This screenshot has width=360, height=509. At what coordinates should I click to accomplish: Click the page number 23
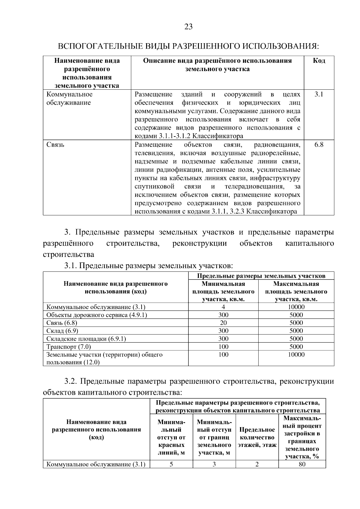188,27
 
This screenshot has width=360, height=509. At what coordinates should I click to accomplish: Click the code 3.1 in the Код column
319,94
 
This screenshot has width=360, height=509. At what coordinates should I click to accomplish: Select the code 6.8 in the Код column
319,145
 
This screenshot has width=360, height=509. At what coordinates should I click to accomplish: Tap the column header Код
319,61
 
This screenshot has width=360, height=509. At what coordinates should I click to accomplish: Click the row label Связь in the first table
55,145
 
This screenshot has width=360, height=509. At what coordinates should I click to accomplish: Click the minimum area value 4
223,307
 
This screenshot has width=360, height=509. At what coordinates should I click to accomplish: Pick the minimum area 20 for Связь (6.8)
223,323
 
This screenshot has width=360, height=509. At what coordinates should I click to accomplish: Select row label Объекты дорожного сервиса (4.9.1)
97,315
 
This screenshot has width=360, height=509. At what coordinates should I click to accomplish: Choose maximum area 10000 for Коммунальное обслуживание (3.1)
296,307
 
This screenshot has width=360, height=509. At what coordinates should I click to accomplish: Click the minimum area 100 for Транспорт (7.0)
223,347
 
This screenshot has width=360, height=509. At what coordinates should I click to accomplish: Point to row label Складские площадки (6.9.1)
86,339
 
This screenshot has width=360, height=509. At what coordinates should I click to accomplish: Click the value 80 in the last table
302,465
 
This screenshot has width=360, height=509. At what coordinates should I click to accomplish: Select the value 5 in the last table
171,465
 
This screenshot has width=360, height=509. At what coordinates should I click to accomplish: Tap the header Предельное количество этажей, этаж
257,438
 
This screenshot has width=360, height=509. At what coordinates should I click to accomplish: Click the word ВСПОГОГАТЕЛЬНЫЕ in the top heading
96,46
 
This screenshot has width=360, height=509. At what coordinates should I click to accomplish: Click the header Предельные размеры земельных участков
261,276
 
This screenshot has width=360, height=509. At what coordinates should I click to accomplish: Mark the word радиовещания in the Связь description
277,145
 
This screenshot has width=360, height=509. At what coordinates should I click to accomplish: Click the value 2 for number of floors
257,465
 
